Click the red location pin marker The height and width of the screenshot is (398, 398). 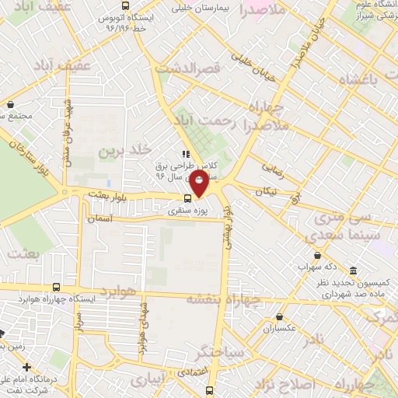(199, 184)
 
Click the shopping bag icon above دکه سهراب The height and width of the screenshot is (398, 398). (316, 255)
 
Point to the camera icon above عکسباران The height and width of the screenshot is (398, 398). (280, 316)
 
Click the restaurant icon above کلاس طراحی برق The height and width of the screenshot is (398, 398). (185, 154)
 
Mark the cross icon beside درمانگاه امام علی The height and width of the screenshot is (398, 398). (26, 367)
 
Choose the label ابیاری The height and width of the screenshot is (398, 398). (148, 380)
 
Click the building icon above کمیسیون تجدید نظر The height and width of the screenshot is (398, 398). (354, 271)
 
